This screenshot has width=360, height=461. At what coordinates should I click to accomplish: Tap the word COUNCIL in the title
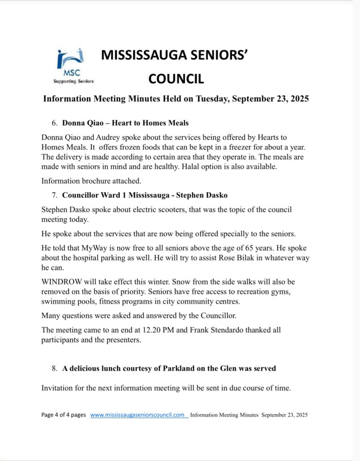pyautogui.click(x=176, y=79)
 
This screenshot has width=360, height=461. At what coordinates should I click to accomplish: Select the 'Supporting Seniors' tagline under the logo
pyautogui.click(x=73, y=81)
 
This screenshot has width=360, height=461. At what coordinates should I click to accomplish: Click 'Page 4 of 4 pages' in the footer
pyautogui.click(x=63, y=415)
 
